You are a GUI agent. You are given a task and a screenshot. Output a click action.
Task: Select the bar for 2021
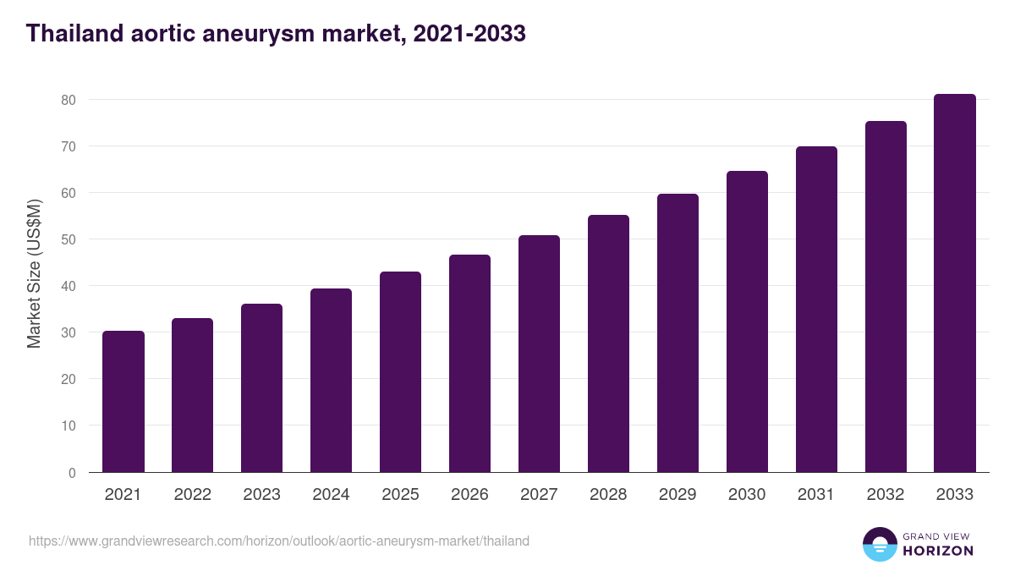point(123,402)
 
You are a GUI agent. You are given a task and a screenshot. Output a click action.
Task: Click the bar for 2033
point(955,283)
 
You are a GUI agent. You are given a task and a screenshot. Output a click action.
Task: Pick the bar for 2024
point(331,381)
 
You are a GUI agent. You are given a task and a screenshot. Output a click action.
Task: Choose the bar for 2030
point(747,321)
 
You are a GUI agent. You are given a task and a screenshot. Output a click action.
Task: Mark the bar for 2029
point(678,333)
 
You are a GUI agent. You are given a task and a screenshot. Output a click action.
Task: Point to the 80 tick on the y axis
point(69,100)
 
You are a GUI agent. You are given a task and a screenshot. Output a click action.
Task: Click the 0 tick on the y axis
point(72,473)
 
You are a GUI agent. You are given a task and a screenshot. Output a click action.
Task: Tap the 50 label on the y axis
point(69,239)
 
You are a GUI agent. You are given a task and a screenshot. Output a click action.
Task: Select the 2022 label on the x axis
point(192,495)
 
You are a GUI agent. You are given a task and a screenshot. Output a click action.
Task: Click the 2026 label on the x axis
point(469,495)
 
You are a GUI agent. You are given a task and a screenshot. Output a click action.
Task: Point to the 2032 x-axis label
point(886,495)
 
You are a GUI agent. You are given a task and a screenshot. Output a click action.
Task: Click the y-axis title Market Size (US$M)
point(34,272)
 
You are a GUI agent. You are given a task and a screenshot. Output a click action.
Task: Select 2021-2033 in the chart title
point(469,34)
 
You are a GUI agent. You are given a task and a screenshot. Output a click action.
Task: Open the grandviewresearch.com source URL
point(279,541)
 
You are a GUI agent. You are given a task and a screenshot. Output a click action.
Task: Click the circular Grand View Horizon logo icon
point(880,544)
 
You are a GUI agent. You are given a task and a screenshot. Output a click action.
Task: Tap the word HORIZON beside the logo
point(938,551)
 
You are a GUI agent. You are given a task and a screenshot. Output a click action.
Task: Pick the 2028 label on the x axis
point(608,495)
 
